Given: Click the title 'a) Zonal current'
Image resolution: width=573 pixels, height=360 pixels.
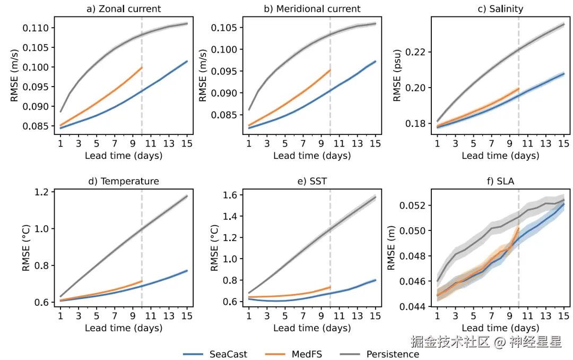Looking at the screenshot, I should pos(124,9).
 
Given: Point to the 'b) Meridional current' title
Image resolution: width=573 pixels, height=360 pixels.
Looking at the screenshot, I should pos(311,9).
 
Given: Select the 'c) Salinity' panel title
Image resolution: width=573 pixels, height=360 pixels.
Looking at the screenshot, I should pos(500,9).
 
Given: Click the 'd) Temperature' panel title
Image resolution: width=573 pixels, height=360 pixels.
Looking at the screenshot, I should pos(124,182).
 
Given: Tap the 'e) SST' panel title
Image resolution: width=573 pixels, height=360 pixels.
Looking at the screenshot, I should pos(311,182).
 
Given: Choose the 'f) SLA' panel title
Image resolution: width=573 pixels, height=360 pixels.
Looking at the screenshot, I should pos(500,182).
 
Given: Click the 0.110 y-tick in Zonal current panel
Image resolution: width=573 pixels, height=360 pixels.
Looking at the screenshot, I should pos(37,28).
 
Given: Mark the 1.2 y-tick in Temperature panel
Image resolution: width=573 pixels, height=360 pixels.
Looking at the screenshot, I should pos(45,192).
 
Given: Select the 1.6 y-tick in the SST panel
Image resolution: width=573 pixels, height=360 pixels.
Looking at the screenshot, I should pos(232,195).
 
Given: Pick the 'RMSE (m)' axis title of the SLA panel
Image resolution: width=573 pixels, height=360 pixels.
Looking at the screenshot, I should pos(391,250).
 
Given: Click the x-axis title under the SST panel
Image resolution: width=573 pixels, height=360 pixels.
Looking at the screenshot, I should pos(311,328).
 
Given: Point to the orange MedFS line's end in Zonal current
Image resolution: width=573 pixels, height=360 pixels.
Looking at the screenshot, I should pos(142,67).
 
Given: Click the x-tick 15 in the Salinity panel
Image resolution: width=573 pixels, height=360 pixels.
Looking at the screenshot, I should pos(563,144).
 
